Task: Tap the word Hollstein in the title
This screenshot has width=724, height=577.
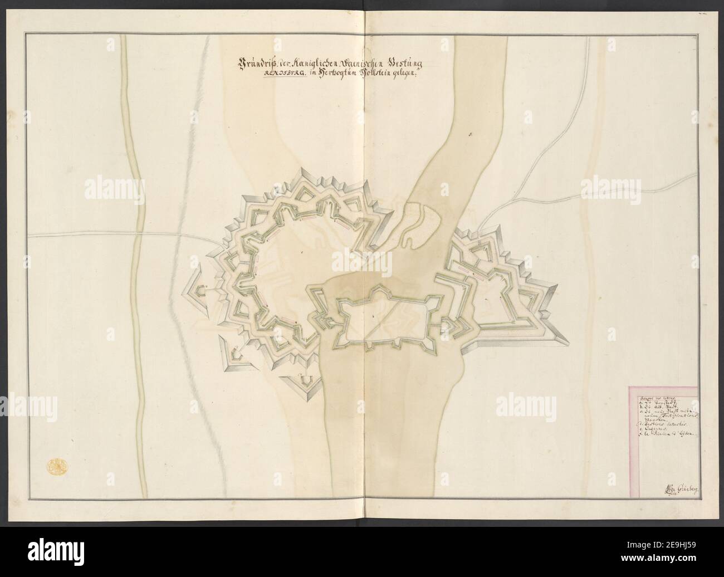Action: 380,75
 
